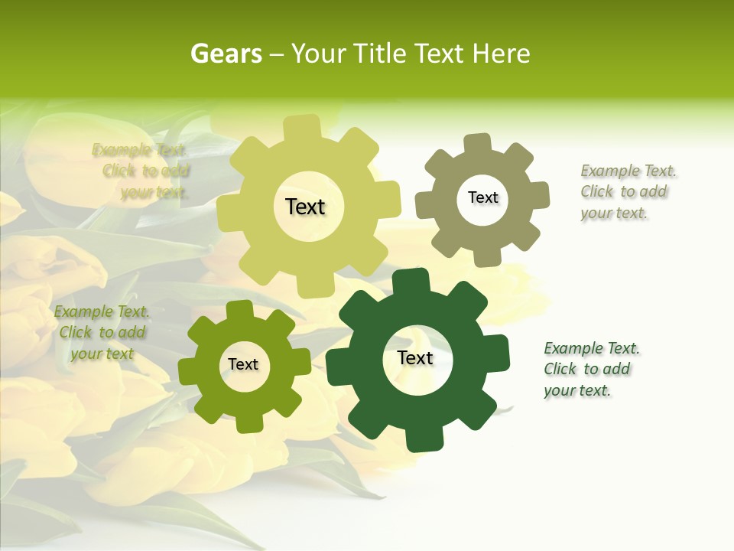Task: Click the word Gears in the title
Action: click(x=226, y=54)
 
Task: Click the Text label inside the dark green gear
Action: click(x=415, y=358)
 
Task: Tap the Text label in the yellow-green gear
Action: click(x=305, y=207)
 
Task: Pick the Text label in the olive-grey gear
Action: click(x=482, y=197)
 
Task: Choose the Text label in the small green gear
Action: click(x=243, y=364)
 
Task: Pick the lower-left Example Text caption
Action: click(x=102, y=333)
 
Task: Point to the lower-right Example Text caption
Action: click(x=590, y=370)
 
